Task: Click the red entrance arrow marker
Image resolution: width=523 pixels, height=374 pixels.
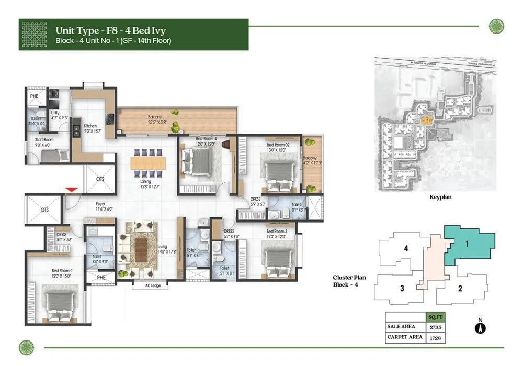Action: [73, 189]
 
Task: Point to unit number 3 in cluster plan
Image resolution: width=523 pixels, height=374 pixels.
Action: [402, 288]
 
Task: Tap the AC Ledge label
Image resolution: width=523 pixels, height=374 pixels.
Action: [150, 285]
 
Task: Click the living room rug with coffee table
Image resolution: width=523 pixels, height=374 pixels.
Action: [141, 246]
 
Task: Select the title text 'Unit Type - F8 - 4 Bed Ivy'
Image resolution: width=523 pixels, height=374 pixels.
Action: [118, 30]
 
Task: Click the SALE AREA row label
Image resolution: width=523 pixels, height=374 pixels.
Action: [402, 327]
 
